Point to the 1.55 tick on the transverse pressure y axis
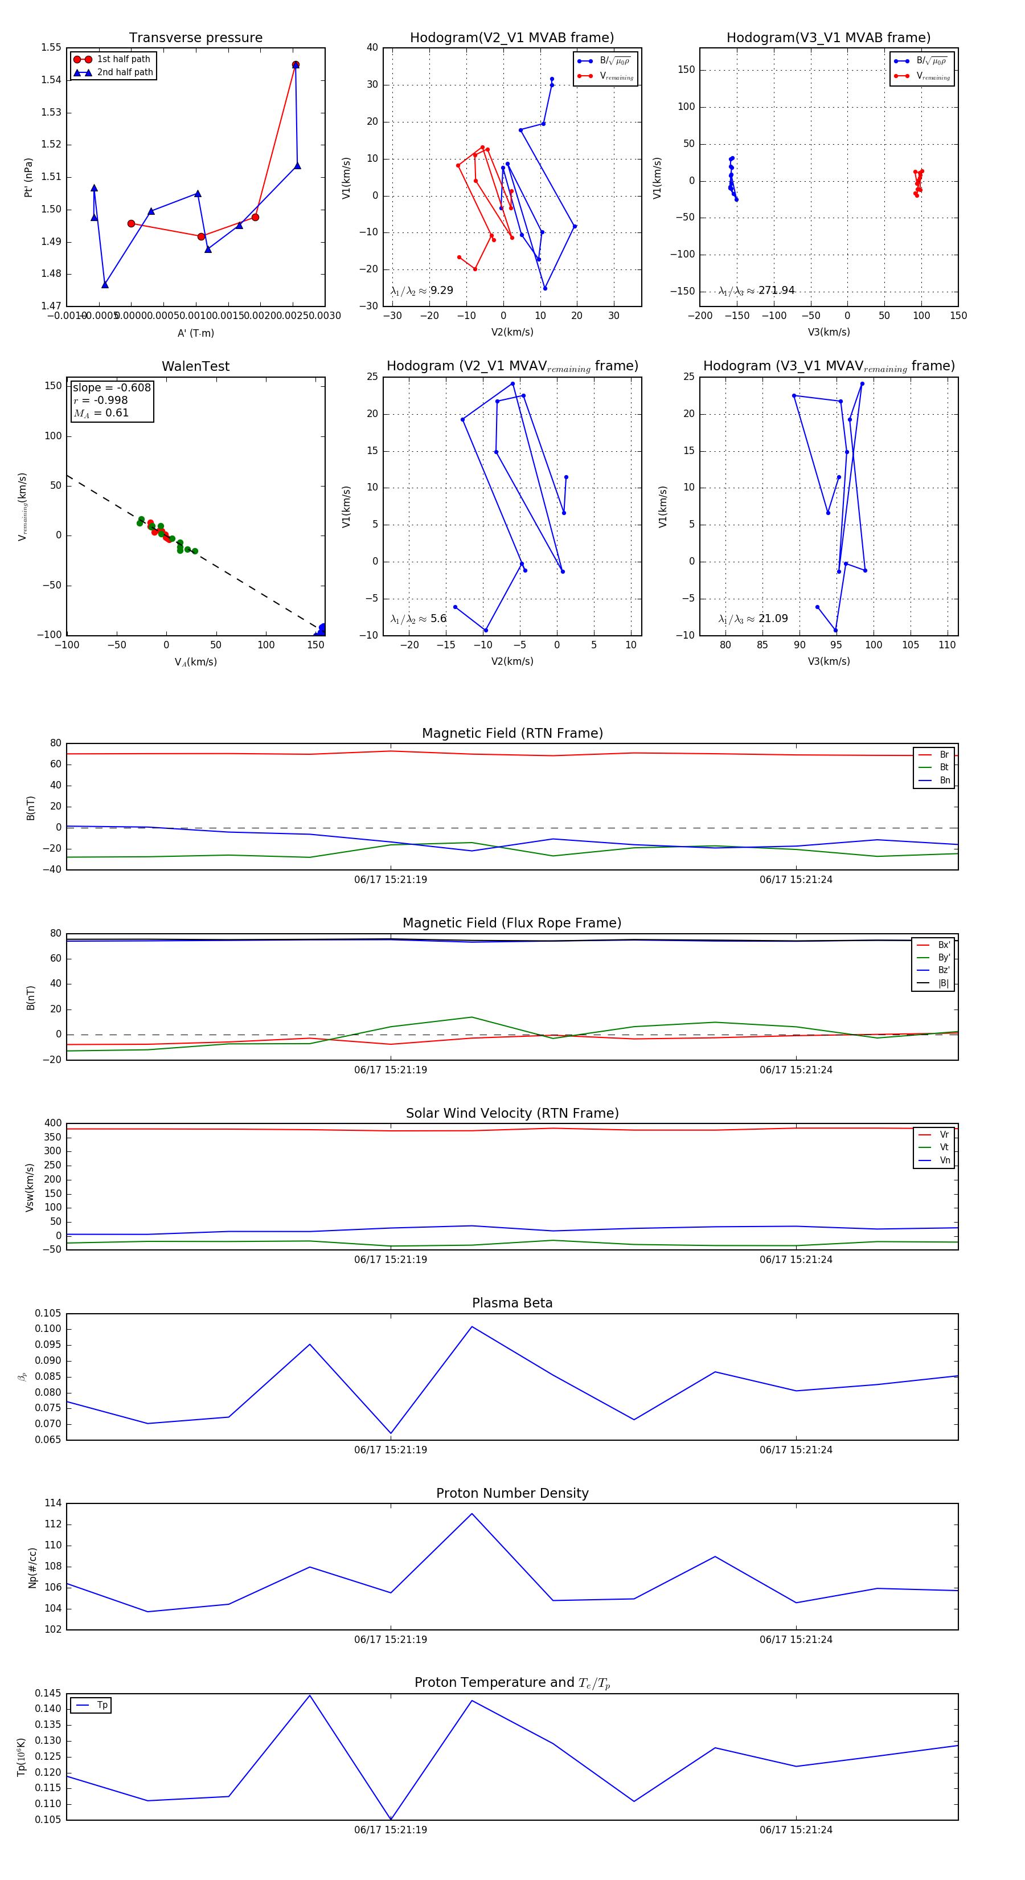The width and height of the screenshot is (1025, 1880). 51,47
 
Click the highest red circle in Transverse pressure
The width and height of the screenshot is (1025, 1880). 296,65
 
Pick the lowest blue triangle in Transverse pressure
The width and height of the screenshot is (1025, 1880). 105,285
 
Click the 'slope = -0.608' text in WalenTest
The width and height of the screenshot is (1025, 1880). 112,387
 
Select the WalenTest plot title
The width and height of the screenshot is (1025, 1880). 195,366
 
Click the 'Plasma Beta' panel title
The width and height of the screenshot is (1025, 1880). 512,1303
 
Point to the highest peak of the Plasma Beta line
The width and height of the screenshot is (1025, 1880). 472,1327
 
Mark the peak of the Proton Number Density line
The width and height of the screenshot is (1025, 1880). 472,1514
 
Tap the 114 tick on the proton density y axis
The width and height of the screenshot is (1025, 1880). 52,1503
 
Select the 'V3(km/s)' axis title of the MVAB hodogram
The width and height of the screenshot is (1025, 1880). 828,332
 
